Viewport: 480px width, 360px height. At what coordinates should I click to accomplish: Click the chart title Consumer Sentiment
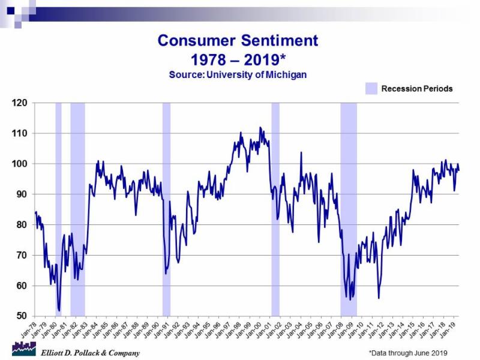tap(238, 41)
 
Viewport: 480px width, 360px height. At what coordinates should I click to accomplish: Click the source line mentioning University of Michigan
tap(238, 74)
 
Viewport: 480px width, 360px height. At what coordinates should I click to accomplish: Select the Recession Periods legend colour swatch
tap(371, 89)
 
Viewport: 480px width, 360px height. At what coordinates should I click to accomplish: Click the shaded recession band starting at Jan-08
tap(349, 210)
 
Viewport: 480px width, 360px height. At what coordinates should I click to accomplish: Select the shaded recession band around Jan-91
tap(166, 210)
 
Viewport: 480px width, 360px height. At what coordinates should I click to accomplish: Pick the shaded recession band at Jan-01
tap(275, 210)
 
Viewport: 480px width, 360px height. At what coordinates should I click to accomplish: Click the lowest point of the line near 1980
tap(59, 311)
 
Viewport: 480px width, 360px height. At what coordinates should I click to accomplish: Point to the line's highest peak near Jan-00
tap(260, 127)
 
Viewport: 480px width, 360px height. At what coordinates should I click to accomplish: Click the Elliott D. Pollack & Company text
tap(90, 353)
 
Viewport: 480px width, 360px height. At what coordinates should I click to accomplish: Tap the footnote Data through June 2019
tap(408, 353)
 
